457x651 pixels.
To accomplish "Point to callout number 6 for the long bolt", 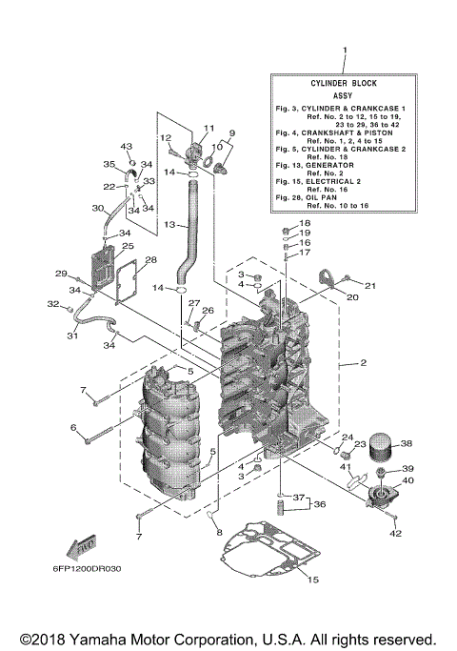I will pyautogui.click(x=72, y=428).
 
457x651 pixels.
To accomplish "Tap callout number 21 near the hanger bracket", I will pyautogui.click(x=371, y=285).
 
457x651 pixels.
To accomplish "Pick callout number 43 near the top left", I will pyautogui.click(x=125, y=146).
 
